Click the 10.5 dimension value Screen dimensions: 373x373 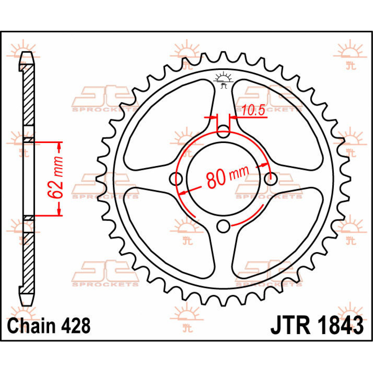point(253,110)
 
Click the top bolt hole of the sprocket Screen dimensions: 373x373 point(223,131)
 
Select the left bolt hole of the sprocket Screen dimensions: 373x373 point(176,179)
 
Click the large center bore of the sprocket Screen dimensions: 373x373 point(223,179)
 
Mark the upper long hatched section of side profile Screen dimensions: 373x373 point(28,96)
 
